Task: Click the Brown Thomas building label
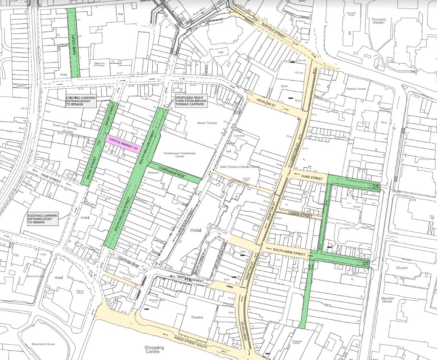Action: point(207,123)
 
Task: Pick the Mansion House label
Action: point(387,300)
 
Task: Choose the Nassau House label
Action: point(355,88)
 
